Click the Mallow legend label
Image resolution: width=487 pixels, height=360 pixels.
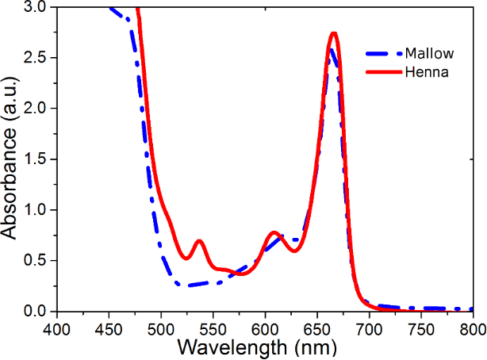tap(429, 55)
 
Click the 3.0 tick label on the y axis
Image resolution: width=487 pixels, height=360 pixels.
tap(36, 7)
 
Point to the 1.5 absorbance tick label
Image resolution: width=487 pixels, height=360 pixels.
tap(36, 159)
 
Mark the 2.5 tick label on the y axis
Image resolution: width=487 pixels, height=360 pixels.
tap(36, 58)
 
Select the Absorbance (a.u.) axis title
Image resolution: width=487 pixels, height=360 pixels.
tap(11, 159)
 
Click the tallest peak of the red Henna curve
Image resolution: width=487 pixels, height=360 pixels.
tap(334, 33)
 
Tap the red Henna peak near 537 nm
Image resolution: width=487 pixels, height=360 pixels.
tap(199, 240)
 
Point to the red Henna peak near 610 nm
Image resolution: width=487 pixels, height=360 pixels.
tap(274, 232)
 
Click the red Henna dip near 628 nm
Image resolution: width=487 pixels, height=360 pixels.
tap(294, 251)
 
